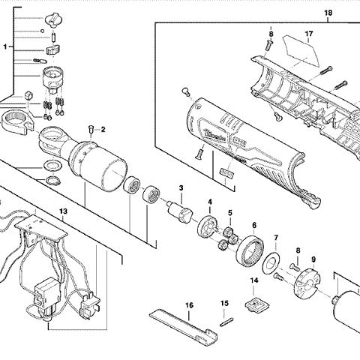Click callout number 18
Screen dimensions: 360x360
(328, 13)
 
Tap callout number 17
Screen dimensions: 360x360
(308, 34)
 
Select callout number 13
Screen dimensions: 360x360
(64, 212)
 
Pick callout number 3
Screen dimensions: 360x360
(181, 187)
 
